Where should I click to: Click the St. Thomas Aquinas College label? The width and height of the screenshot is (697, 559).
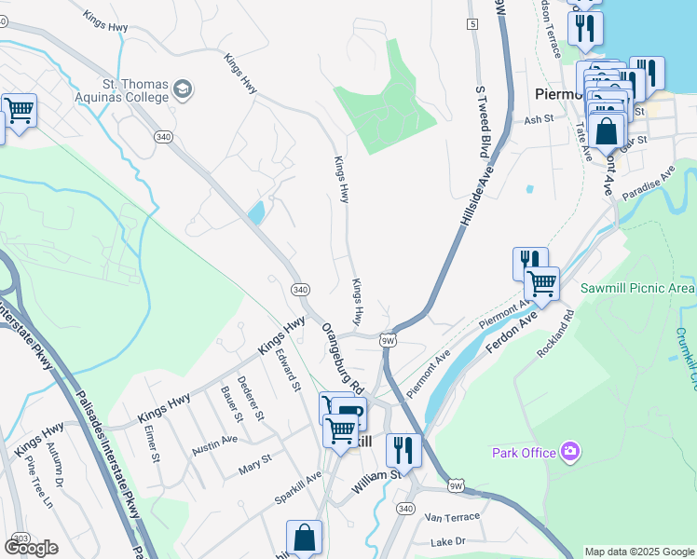pyautogui.click(x=121, y=89)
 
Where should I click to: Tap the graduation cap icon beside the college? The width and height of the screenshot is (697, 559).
pyautogui.click(x=183, y=90)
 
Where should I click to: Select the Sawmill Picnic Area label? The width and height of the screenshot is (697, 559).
pyautogui.click(x=637, y=289)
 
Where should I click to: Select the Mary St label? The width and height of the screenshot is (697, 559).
pyautogui.click(x=254, y=460)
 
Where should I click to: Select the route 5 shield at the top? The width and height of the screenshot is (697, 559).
pyautogui.click(x=472, y=23)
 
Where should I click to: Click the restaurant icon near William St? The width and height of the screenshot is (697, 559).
pyautogui.click(x=403, y=450)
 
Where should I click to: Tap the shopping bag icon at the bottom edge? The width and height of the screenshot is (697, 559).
pyautogui.click(x=304, y=538)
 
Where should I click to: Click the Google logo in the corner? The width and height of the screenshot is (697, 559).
pyautogui.click(x=31, y=548)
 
